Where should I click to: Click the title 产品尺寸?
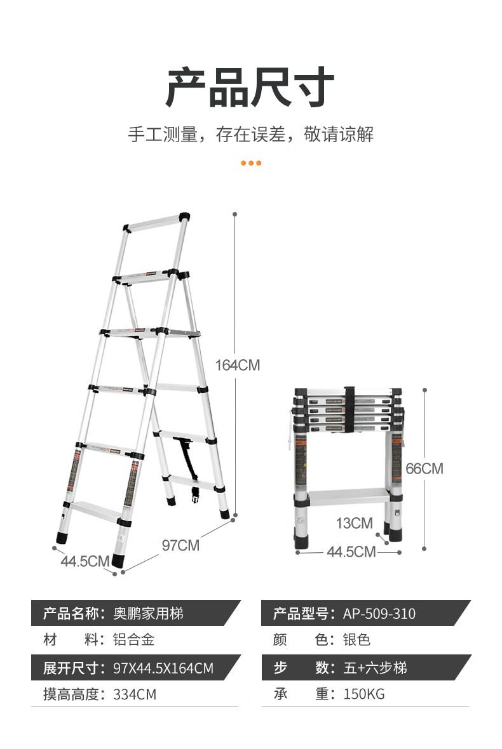[x=250, y=87]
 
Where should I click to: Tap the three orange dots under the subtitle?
[x=250, y=163]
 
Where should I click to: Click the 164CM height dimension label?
[x=237, y=366]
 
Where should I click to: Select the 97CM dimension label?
[x=180, y=545]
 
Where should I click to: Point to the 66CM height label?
[x=424, y=469]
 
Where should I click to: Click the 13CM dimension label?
[x=354, y=524]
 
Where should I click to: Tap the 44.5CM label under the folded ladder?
[x=351, y=552]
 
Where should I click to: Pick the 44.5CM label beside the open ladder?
[x=85, y=561]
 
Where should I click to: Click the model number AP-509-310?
[x=379, y=614]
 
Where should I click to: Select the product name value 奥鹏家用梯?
[x=148, y=614]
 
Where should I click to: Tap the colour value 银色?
[x=356, y=640]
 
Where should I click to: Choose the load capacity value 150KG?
[x=364, y=694]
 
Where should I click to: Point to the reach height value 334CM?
[x=134, y=694]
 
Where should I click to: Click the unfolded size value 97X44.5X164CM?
[x=163, y=668]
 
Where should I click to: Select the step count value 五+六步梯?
[x=375, y=668]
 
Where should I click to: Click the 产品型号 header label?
[x=300, y=614]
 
